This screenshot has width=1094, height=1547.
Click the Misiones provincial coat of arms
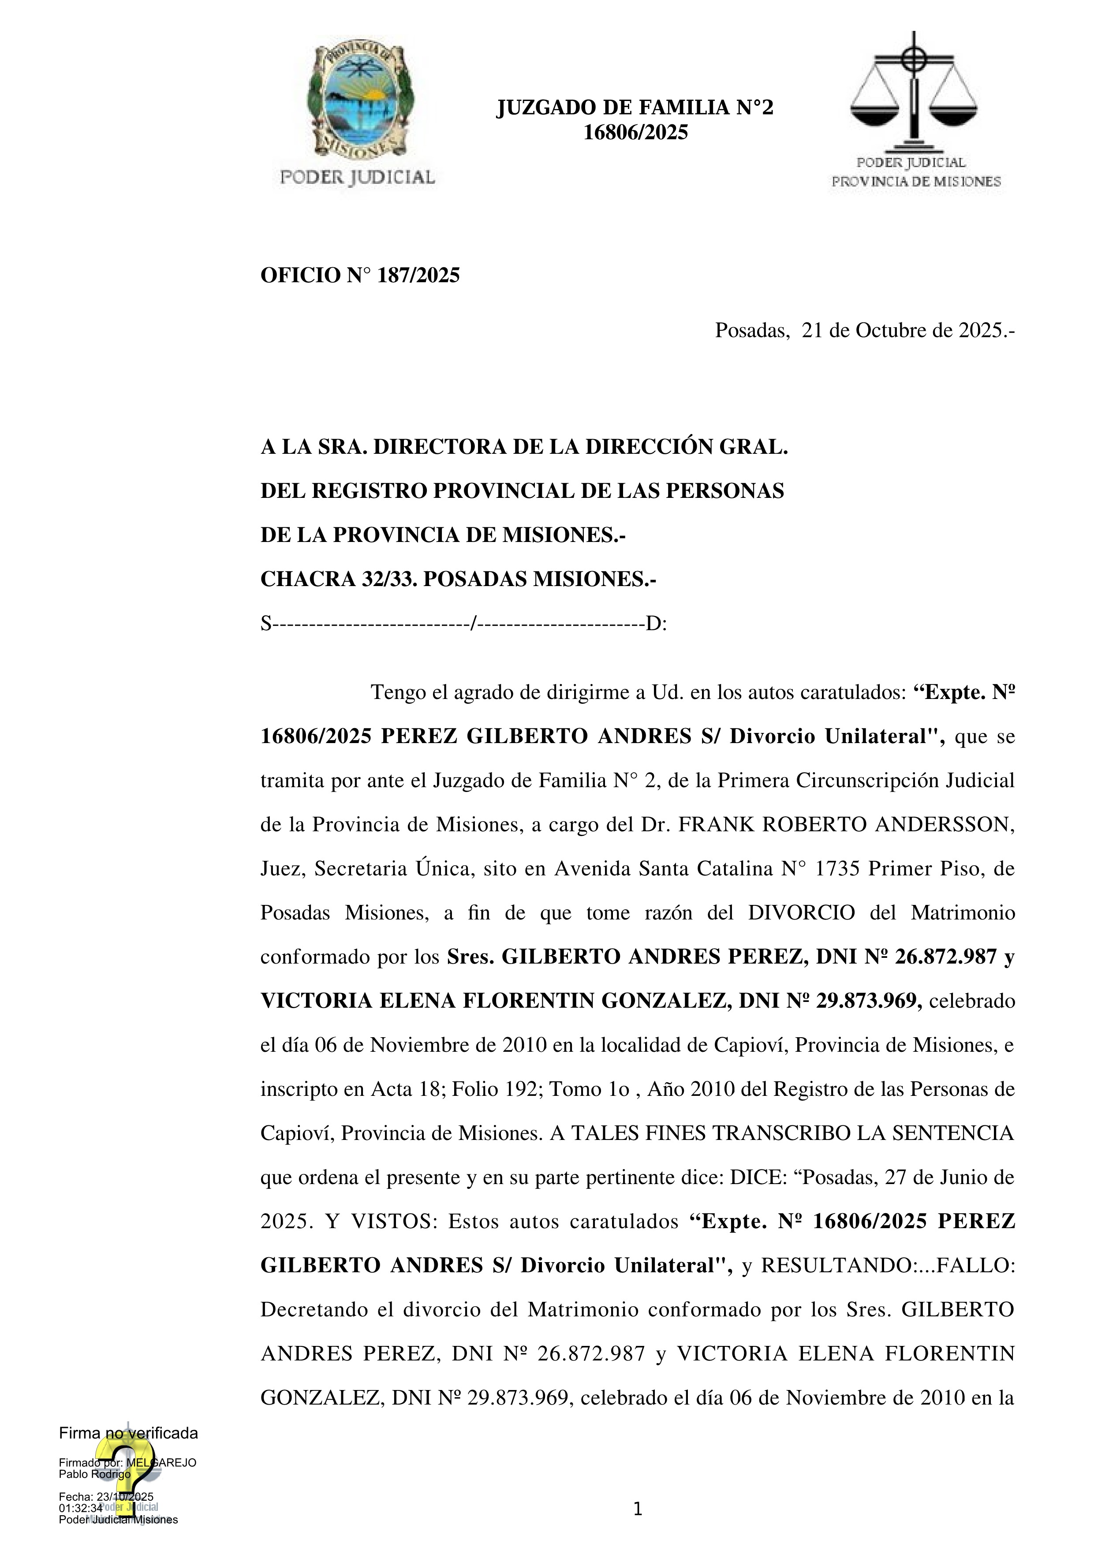pos(360,100)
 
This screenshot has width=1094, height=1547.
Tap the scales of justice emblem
pos(914,91)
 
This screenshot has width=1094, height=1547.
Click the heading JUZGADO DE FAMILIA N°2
pos(635,107)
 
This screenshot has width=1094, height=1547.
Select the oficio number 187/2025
pos(418,276)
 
